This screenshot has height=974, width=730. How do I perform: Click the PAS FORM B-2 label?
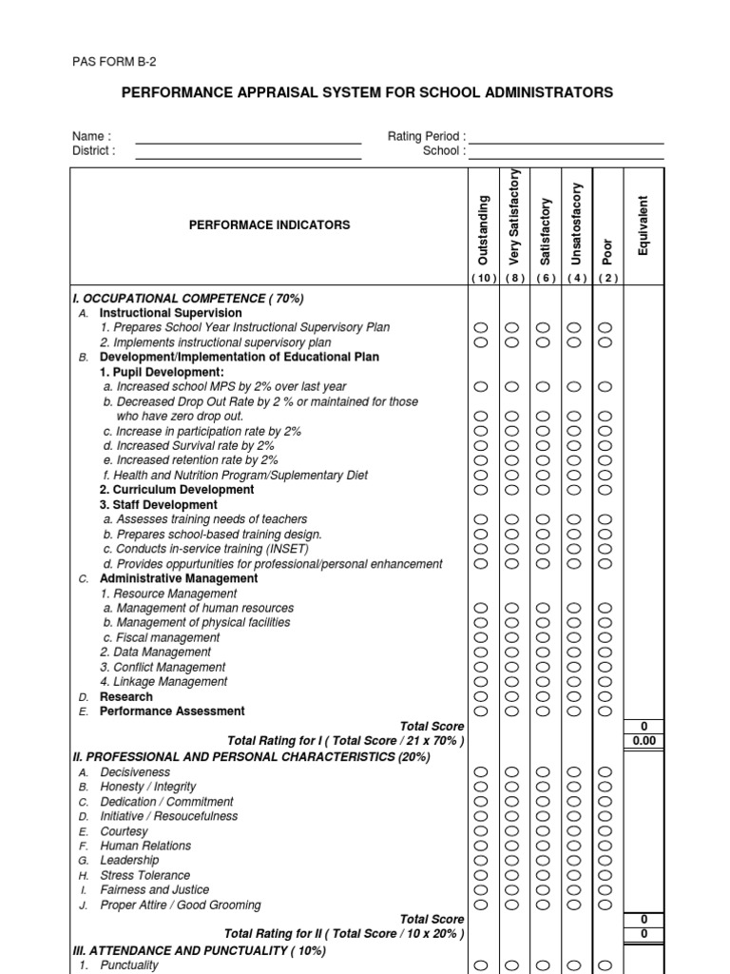tap(114, 62)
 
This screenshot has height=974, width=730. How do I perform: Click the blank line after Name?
tap(248, 143)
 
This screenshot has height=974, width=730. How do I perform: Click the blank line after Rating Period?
tap(567, 143)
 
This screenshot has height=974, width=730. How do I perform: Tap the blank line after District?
tap(248, 157)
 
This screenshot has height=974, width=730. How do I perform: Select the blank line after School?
tap(567, 157)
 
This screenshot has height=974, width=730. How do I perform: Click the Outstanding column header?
tap(482, 230)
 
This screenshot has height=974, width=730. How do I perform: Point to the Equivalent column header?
tap(644, 225)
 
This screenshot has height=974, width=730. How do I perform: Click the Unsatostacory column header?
tap(576, 224)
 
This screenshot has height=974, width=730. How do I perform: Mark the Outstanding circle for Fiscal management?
tap(481, 637)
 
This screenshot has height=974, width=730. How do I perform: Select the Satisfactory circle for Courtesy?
tap(543, 831)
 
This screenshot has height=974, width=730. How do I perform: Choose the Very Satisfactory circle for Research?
tap(511, 696)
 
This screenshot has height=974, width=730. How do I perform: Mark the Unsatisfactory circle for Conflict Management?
tap(574, 667)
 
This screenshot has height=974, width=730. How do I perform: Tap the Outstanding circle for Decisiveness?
tap(481, 772)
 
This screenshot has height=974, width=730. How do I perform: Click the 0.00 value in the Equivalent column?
tap(644, 741)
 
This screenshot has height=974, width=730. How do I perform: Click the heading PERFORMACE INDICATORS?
tap(269, 225)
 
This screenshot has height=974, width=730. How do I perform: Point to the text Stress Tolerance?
tap(144, 875)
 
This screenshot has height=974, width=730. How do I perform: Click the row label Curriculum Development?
tap(177, 490)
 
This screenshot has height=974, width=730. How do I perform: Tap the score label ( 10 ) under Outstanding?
tap(482, 278)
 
